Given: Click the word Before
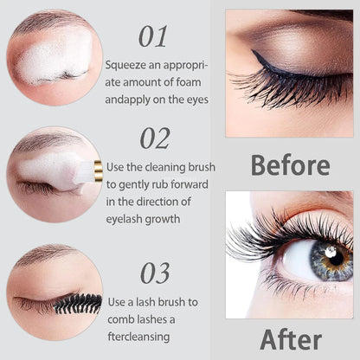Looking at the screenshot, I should pos(290,164).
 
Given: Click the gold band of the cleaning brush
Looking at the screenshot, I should pos(98,171).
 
